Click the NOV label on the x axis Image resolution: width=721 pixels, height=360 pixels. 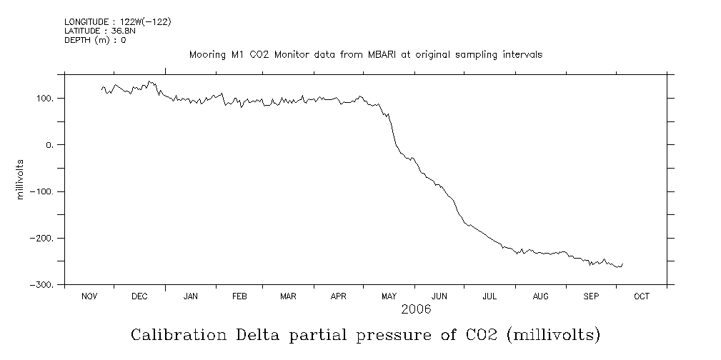pos(89,297)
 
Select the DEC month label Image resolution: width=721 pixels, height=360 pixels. pos(139,297)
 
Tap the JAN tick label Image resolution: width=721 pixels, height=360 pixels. pos(190,297)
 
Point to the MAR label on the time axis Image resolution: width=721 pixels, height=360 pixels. pos(288,297)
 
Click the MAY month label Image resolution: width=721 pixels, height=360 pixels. pos(389,297)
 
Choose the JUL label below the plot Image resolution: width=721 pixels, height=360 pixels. pos(489,297)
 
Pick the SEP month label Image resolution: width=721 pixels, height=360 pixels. pos(591,297)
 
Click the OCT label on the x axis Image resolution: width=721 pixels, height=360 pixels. pos(642,297)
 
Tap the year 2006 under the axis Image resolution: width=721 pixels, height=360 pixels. pos(416,310)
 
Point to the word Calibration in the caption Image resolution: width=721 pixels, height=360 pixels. pos(171,334)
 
